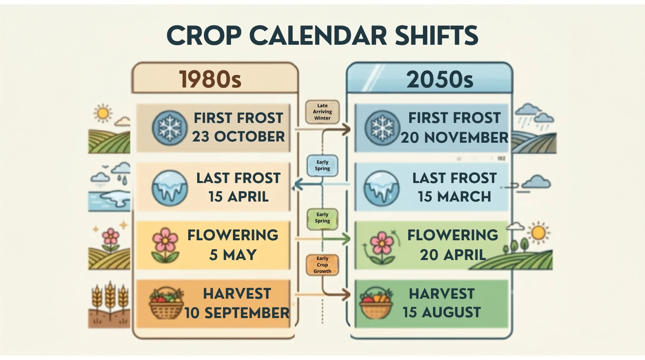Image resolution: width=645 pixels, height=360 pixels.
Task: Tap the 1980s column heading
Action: pos(210,79)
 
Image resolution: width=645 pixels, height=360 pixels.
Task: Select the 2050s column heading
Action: pos(440,79)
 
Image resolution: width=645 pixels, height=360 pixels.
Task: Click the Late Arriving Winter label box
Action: pos(322,112)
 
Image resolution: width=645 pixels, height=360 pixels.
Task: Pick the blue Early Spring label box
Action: pos(322,166)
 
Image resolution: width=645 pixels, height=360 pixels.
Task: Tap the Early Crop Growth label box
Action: pos(322,265)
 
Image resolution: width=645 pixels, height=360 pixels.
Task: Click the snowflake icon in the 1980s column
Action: pos(170,128)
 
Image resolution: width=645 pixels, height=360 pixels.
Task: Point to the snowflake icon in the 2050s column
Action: pos(382,128)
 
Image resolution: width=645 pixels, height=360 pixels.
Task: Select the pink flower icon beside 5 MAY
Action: pos(165,245)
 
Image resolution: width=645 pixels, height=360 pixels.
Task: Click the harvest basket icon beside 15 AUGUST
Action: pos(377,303)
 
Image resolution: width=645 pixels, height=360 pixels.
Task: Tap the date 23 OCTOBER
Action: pos(238,137)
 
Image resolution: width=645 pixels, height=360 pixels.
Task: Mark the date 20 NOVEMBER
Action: pos(454,137)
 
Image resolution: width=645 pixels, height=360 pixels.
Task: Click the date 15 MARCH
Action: pos(454,197)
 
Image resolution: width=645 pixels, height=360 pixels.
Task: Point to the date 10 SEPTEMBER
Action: pos(237,313)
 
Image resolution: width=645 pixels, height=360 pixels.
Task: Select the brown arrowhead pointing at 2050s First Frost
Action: pos(346,129)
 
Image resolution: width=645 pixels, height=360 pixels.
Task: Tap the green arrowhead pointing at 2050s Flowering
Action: pos(346,239)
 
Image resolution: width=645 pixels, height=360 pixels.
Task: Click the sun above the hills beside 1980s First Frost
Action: pos(103,113)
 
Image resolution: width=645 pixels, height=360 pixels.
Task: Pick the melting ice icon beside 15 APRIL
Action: pos(170,188)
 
